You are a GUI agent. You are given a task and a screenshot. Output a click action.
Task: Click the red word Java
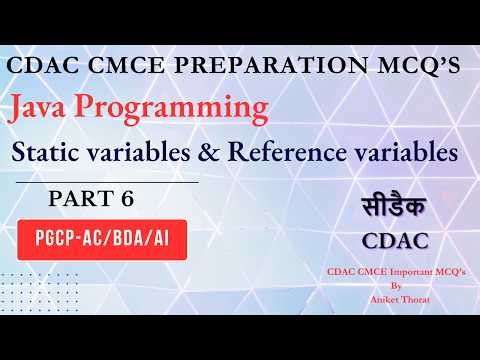point(51,110)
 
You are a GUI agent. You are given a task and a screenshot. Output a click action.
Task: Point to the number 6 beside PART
point(127,200)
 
